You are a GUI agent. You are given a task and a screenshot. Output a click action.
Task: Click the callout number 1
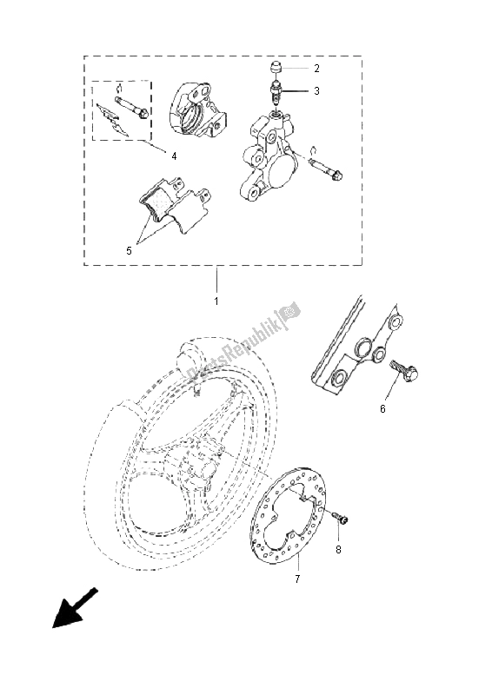[x=216, y=301]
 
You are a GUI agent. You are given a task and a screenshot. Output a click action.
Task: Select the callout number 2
[x=316, y=69]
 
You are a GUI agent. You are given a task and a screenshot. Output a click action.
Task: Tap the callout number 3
[x=316, y=91]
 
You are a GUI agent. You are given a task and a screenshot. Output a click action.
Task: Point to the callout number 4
[x=174, y=156]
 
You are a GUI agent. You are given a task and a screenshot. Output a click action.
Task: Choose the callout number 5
[x=129, y=251]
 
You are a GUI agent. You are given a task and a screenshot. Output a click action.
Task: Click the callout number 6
[x=382, y=408]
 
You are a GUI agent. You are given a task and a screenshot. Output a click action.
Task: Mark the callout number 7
[x=296, y=579]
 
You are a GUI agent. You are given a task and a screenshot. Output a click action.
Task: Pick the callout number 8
[x=338, y=550]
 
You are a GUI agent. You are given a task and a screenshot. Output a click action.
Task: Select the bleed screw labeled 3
[x=276, y=92]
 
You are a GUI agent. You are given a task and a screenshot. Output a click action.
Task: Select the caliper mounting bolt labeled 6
[x=403, y=374]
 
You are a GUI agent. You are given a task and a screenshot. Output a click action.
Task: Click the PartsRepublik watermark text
[x=243, y=341]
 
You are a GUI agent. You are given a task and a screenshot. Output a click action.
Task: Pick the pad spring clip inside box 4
[x=111, y=119]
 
